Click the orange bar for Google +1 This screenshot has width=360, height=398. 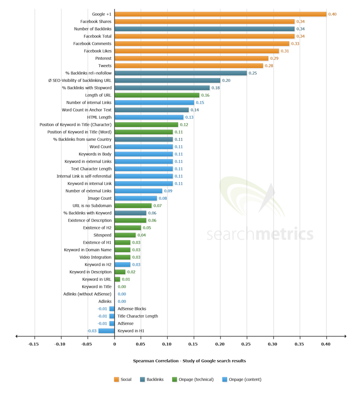pyautogui.click(x=220, y=14)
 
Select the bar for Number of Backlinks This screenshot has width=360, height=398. pyautogui.click(x=204, y=29)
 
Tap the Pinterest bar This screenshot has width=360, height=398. pyautogui.click(x=191, y=58)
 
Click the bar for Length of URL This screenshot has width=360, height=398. pyautogui.click(x=157, y=95)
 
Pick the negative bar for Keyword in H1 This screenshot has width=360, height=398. pyautogui.click(x=106, y=331)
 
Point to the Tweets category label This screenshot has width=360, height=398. pyautogui.click(x=104, y=66)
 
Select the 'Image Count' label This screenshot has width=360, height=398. pyautogui.click(x=99, y=198)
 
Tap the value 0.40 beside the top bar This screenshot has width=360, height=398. pyautogui.click(x=332, y=14)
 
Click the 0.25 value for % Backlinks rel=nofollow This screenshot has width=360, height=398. pyautogui.click(x=253, y=73)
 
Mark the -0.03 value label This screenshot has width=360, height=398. pyautogui.click(x=92, y=331)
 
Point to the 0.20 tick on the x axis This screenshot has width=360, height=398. pyautogui.click(x=220, y=344)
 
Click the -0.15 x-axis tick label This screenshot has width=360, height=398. pyautogui.click(x=32, y=344)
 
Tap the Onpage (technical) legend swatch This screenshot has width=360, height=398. pyautogui.click(x=175, y=380)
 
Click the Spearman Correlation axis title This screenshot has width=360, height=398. pyautogui.click(x=189, y=361)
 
